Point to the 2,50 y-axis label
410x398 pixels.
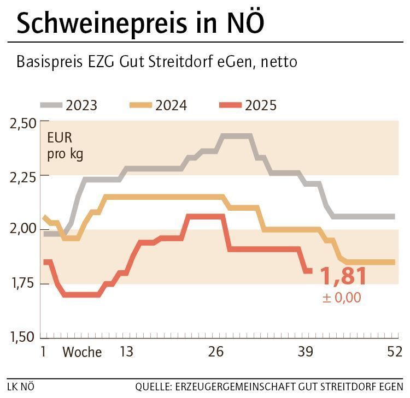point(22,123)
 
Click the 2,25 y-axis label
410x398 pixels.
point(22,176)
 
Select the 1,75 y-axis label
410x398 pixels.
point(22,283)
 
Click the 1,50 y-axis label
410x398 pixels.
point(22,336)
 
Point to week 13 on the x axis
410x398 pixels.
point(126,352)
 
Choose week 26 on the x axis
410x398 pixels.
point(216,352)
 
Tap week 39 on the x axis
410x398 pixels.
point(306,352)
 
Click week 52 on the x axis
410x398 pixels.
point(394,352)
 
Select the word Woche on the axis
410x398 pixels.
point(82,352)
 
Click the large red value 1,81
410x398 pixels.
point(343,276)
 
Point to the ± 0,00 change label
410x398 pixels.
point(341,298)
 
